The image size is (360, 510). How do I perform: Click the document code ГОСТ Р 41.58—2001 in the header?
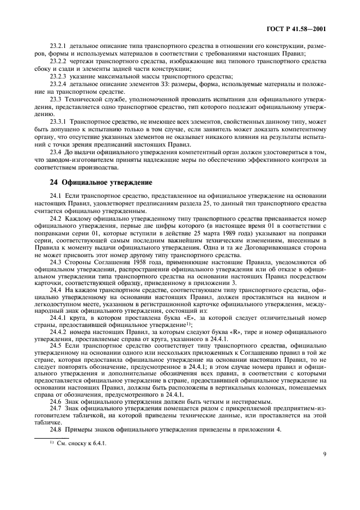(x=303, y=28)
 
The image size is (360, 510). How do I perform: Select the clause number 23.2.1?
(x=57, y=44)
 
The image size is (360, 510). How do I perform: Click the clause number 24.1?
(x=55, y=195)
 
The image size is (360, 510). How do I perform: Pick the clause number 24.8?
(x=55, y=429)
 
